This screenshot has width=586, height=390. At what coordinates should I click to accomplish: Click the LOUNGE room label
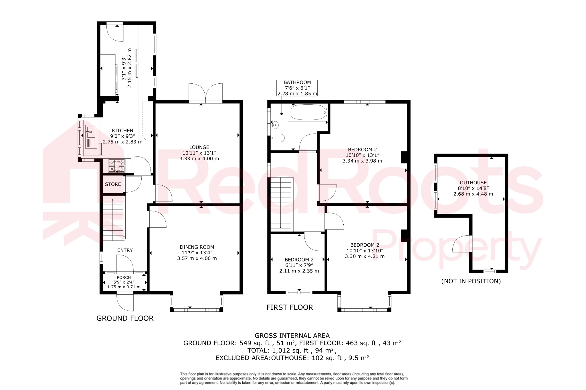199,147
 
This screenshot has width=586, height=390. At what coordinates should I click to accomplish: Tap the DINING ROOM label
197,247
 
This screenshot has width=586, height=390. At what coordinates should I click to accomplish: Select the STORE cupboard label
113,184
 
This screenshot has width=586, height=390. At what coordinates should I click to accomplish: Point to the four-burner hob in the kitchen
116,166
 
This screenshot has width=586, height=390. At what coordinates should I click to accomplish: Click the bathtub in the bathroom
308,113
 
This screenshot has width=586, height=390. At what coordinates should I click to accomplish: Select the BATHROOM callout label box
297,88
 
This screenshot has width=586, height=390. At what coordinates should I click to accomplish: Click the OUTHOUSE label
473,183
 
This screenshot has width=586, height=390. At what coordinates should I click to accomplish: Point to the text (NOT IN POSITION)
471,281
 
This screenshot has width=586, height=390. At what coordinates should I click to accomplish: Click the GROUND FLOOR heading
125,318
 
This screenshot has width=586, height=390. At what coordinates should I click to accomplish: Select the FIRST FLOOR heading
290,307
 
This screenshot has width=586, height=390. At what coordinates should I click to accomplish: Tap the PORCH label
124,277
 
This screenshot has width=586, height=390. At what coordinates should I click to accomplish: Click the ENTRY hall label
125,250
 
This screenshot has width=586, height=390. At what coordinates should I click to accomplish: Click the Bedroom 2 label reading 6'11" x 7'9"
299,265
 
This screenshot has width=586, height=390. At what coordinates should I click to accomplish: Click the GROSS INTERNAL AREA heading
292,336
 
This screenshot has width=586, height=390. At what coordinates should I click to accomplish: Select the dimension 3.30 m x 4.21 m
365,256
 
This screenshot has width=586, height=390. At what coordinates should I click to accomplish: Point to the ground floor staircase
114,219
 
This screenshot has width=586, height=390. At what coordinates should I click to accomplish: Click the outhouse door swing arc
460,245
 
